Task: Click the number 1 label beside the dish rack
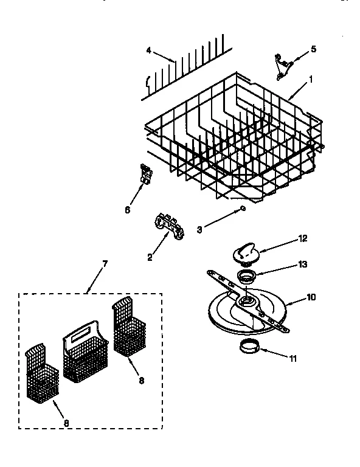pyautogui.click(x=312, y=79)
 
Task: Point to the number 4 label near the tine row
pyautogui.click(x=148, y=50)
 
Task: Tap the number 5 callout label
pyautogui.click(x=314, y=49)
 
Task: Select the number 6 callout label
pyautogui.click(x=127, y=210)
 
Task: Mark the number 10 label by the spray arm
pyautogui.click(x=312, y=297)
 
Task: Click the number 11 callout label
pyautogui.click(x=293, y=359)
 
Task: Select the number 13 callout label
pyautogui.click(x=303, y=265)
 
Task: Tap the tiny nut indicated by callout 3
pyautogui.click(x=243, y=209)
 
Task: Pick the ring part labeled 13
pyautogui.click(x=246, y=278)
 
